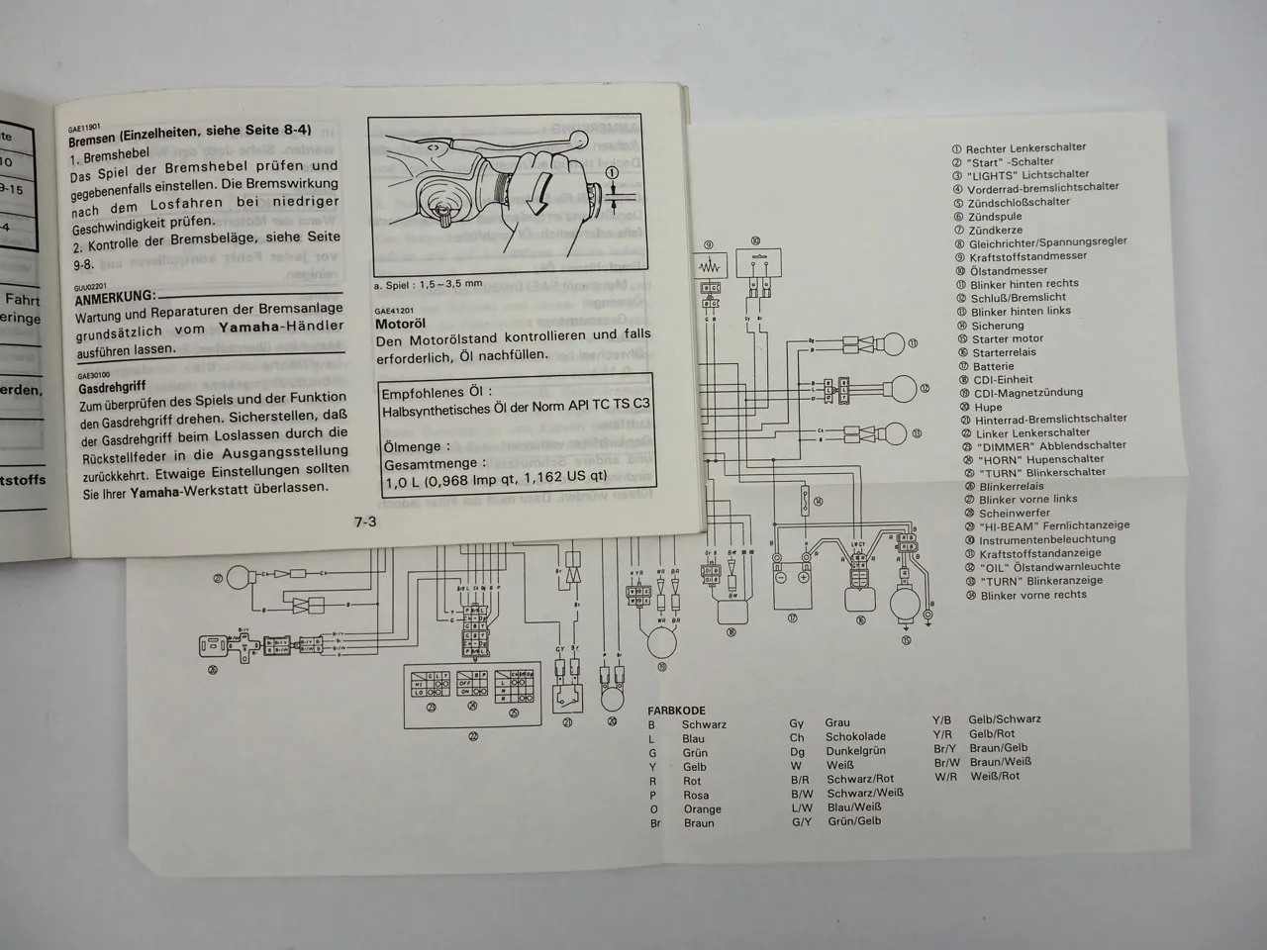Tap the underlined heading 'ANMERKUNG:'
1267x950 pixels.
click(115, 296)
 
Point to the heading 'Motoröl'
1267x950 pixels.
click(400, 324)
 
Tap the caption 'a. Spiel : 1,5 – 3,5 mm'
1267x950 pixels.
click(428, 284)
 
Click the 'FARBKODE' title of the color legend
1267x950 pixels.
click(676, 710)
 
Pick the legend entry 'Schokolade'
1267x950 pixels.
click(855, 737)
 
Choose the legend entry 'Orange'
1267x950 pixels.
click(702, 809)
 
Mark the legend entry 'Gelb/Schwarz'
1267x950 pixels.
click(1004, 719)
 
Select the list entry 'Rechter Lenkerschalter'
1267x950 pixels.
click(1025, 147)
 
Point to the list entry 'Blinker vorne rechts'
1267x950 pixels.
click(1032, 595)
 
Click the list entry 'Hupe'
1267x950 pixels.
click(987, 406)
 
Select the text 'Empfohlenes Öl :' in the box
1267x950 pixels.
click(437, 393)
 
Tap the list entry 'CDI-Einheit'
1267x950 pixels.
click(1003, 379)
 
